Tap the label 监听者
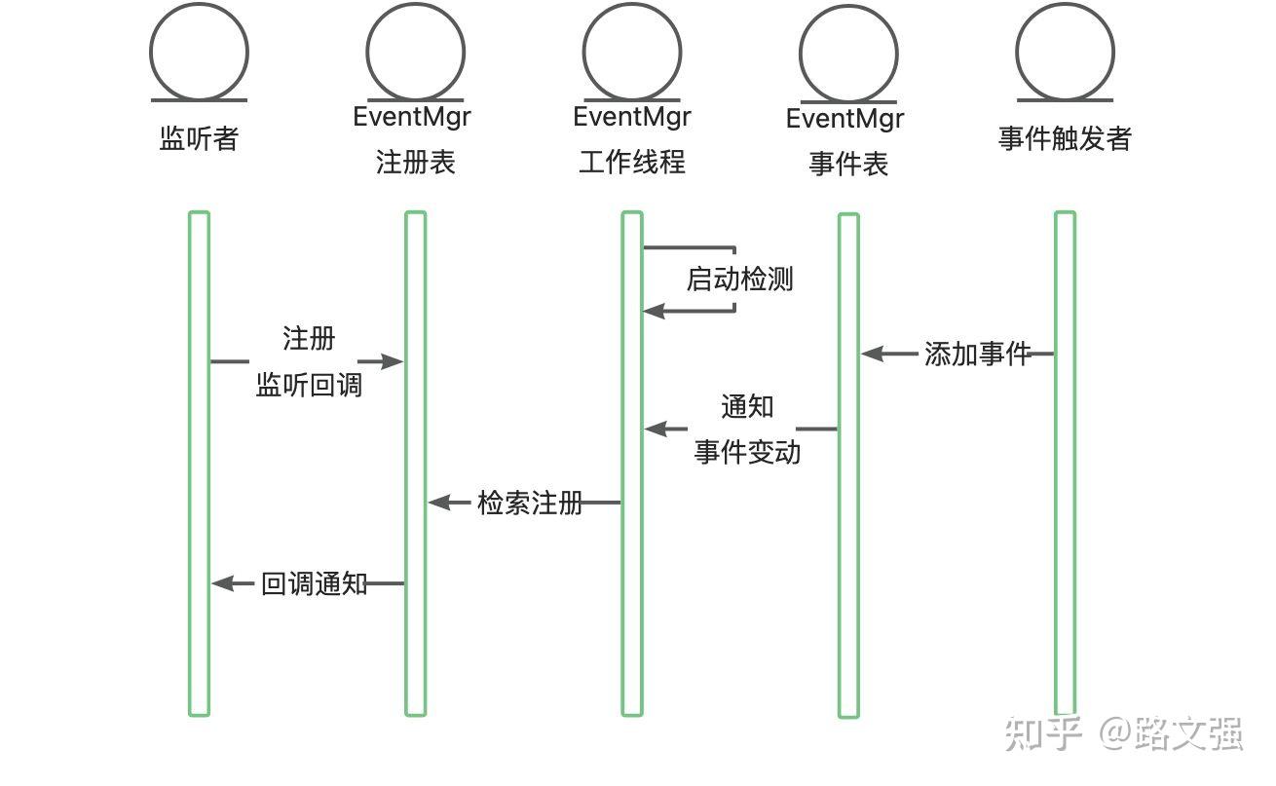pyautogui.click(x=199, y=138)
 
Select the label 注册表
pyautogui.click(x=416, y=162)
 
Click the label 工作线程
pyautogui.click(x=632, y=162)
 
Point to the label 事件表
pyautogui.click(x=848, y=164)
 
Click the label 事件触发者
pyautogui.click(x=1065, y=138)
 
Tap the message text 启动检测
pyautogui.click(x=739, y=280)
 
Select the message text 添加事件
pyautogui.click(x=977, y=354)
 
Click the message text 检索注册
pyautogui.click(x=530, y=503)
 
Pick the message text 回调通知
pyautogui.click(x=314, y=583)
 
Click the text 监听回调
pyautogui.click(x=309, y=385)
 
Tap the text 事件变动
pyautogui.click(x=747, y=452)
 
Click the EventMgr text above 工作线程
pyautogui.click(x=632, y=117)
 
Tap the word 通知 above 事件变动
pyautogui.click(x=747, y=406)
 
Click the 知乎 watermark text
pyautogui.click(x=1043, y=733)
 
